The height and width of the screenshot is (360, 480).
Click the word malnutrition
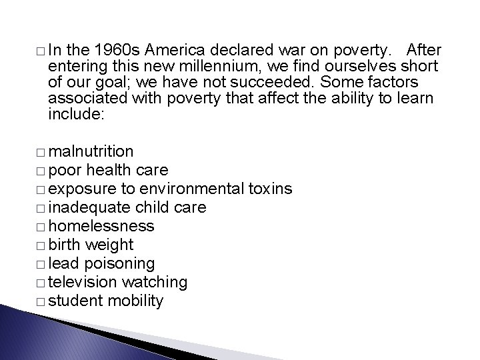91,152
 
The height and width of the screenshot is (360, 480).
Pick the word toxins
269,189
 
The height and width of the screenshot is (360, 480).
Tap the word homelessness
101,227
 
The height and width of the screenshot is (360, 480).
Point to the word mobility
134,301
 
